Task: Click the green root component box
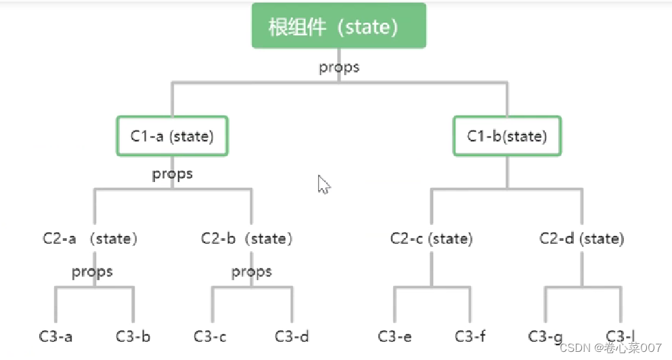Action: click(339, 26)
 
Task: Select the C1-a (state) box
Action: click(172, 137)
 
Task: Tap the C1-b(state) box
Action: click(507, 137)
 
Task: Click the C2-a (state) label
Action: click(89, 239)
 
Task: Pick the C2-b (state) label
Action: click(247, 239)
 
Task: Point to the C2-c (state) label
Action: click(431, 239)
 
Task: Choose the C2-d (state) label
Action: click(582, 239)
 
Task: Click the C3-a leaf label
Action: click(55, 336)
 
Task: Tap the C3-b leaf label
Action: click(133, 336)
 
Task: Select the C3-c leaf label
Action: click(210, 336)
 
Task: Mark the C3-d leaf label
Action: click(292, 336)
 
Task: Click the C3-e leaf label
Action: click(395, 336)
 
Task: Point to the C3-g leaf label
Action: click(545, 336)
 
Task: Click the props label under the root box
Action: click(339, 68)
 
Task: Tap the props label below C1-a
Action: click(172, 174)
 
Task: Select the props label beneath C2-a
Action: click(92, 272)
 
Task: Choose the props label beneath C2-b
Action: click(252, 272)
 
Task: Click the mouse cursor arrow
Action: click(323, 184)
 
